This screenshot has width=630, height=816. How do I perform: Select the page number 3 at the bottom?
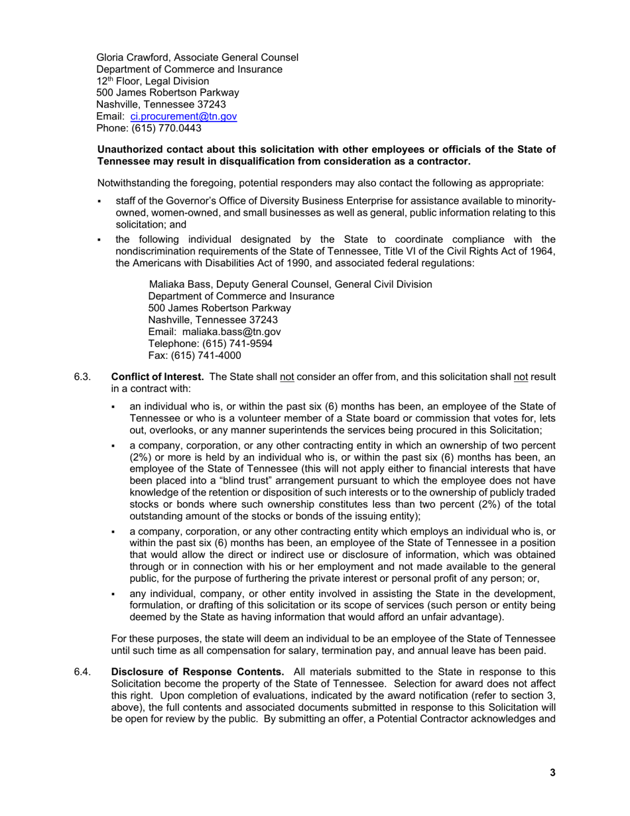click(552, 772)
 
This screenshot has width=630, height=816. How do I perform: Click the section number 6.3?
click(82, 377)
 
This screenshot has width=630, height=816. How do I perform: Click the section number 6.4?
click(82, 672)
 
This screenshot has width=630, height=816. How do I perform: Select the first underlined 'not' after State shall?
click(287, 377)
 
